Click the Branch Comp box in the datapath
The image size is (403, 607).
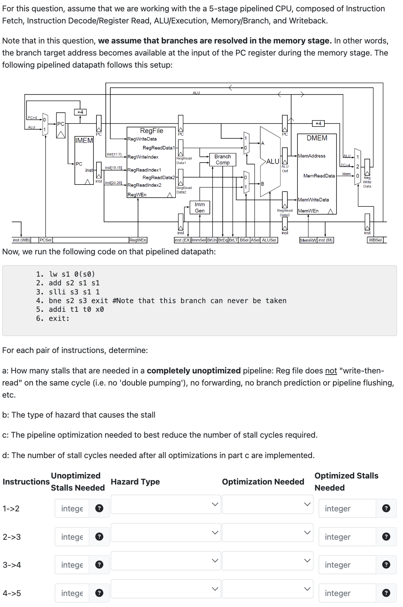(x=222, y=159)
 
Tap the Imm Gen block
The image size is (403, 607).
(x=200, y=207)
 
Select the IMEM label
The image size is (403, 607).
(x=84, y=141)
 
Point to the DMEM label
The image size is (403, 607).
(x=317, y=138)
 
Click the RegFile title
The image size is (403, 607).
(x=152, y=131)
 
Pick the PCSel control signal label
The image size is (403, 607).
(x=46, y=240)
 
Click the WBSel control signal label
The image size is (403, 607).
(x=375, y=240)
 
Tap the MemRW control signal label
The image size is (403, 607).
(x=308, y=240)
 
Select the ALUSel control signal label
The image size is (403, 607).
(x=269, y=240)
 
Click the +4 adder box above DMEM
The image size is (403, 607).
(x=318, y=124)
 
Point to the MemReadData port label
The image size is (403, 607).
(x=319, y=176)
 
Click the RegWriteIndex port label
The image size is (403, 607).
(x=143, y=157)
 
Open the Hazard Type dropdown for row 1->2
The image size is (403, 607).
(x=165, y=504)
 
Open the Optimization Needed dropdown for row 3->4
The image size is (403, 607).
(x=267, y=561)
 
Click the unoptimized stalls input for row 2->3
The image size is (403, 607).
(x=72, y=537)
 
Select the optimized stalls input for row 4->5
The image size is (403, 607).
(x=347, y=593)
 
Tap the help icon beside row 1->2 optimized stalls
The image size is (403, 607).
(x=386, y=508)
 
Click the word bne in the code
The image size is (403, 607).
(x=55, y=301)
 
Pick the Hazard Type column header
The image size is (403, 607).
(x=135, y=482)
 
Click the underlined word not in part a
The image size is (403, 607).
(x=331, y=371)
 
